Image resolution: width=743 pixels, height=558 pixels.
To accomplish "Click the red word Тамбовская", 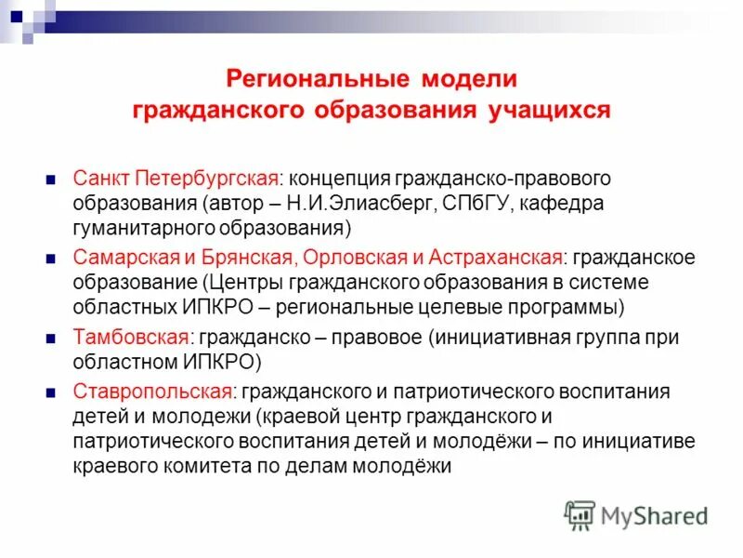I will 125,338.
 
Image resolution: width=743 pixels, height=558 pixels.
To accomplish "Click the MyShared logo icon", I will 580,515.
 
